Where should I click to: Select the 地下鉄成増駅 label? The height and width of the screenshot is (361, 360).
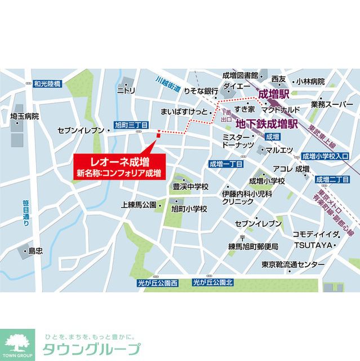pyautogui.click(x=266, y=123)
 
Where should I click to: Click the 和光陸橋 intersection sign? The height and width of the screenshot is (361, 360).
pyautogui.click(x=47, y=84)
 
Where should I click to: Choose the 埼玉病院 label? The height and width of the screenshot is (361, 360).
pyautogui.click(x=25, y=116)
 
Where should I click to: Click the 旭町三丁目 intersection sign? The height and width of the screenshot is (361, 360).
pyautogui.click(x=131, y=125)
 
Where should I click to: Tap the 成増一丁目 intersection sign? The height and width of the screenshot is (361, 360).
pyautogui.click(x=225, y=164)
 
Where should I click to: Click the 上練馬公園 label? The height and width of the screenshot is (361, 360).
pyautogui.click(x=138, y=205)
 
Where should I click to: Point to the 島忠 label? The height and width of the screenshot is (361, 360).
pyautogui.click(x=35, y=250)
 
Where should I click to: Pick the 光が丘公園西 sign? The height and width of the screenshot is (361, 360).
pyautogui.click(x=157, y=283)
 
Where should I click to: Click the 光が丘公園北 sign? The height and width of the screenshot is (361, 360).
pyautogui.click(x=212, y=283)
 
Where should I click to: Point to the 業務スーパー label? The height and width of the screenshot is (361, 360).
pyautogui.click(x=332, y=104)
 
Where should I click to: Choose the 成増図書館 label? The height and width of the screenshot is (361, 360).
pyautogui.click(x=240, y=75)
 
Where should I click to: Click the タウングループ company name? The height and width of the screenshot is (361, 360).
pyautogui.click(x=90, y=349)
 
